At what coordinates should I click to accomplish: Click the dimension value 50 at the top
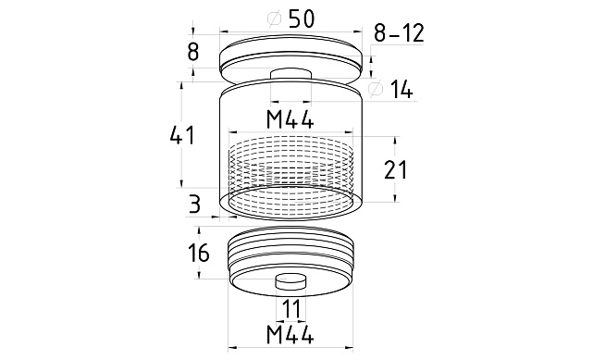[x=302, y=19]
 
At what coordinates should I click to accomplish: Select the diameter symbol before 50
[x=275, y=19]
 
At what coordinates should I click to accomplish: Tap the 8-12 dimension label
[x=399, y=33]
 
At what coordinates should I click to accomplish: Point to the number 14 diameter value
[x=402, y=89]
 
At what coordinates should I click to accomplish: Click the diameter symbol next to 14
[x=376, y=89]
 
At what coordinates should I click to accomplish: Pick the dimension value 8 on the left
[x=192, y=52]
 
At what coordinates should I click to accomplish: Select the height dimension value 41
[x=182, y=135]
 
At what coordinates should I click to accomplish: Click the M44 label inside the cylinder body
[x=290, y=119]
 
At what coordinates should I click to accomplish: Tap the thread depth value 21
[x=396, y=169]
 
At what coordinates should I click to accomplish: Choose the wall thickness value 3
[x=194, y=204]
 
